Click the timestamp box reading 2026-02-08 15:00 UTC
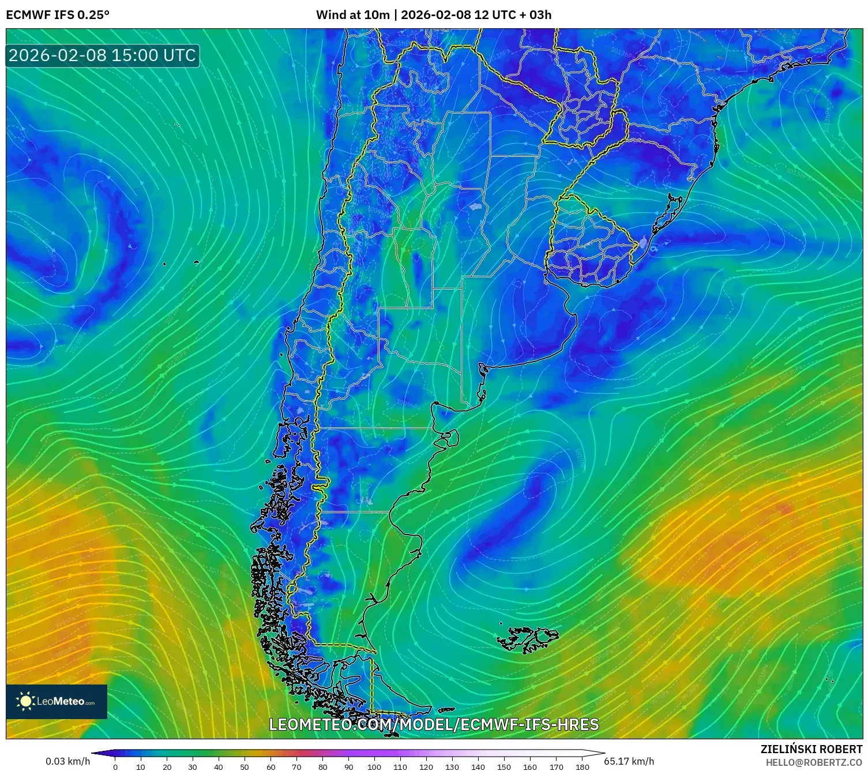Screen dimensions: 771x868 [x=103, y=55]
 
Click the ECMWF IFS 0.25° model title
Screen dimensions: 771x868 [x=58, y=15]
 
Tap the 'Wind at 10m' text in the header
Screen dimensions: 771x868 [x=352, y=15]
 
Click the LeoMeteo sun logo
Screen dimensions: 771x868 [x=25, y=701]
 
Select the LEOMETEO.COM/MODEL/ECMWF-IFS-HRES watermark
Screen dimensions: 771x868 [x=434, y=724]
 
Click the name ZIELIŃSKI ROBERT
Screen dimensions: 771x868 [x=811, y=750]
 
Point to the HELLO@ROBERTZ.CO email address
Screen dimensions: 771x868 [x=814, y=762]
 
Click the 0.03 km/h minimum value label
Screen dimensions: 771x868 [x=68, y=761]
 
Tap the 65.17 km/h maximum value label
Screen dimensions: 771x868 [x=629, y=761]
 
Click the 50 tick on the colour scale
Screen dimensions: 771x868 [x=245, y=767]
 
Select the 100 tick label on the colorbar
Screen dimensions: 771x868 [x=374, y=767]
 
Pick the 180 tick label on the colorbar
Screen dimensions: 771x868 [x=582, y=767]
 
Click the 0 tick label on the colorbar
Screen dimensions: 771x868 [x=115, y=767]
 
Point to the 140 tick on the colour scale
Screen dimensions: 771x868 [x=478, y=767]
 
